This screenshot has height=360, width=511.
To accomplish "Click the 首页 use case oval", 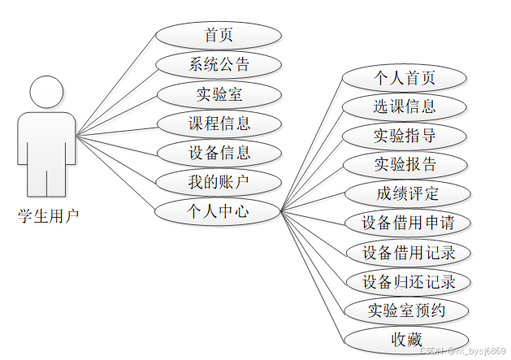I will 218,36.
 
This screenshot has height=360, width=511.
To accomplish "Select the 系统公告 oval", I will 218,65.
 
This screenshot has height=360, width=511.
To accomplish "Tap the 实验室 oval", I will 218,94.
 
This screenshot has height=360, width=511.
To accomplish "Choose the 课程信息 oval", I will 218,124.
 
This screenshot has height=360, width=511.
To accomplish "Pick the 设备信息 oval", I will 218,152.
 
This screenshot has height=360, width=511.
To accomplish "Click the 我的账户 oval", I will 218,181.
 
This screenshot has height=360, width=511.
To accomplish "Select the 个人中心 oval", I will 218,210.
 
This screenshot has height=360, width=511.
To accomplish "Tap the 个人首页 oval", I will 405,77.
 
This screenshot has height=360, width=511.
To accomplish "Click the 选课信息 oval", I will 405,106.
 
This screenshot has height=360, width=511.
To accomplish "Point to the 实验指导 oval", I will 405,135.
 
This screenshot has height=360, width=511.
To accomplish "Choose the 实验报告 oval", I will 405,164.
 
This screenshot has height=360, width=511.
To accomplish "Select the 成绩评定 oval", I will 407,193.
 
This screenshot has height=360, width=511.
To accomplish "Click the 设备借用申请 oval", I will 407,222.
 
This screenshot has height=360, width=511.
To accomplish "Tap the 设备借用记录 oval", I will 407,251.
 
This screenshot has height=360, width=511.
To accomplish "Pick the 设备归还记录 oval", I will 407,281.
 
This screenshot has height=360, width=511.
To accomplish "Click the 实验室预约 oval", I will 407,310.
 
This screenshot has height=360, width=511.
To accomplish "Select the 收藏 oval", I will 407,338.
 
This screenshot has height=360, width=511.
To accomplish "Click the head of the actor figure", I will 46,91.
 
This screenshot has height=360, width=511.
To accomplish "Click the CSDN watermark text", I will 463,350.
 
